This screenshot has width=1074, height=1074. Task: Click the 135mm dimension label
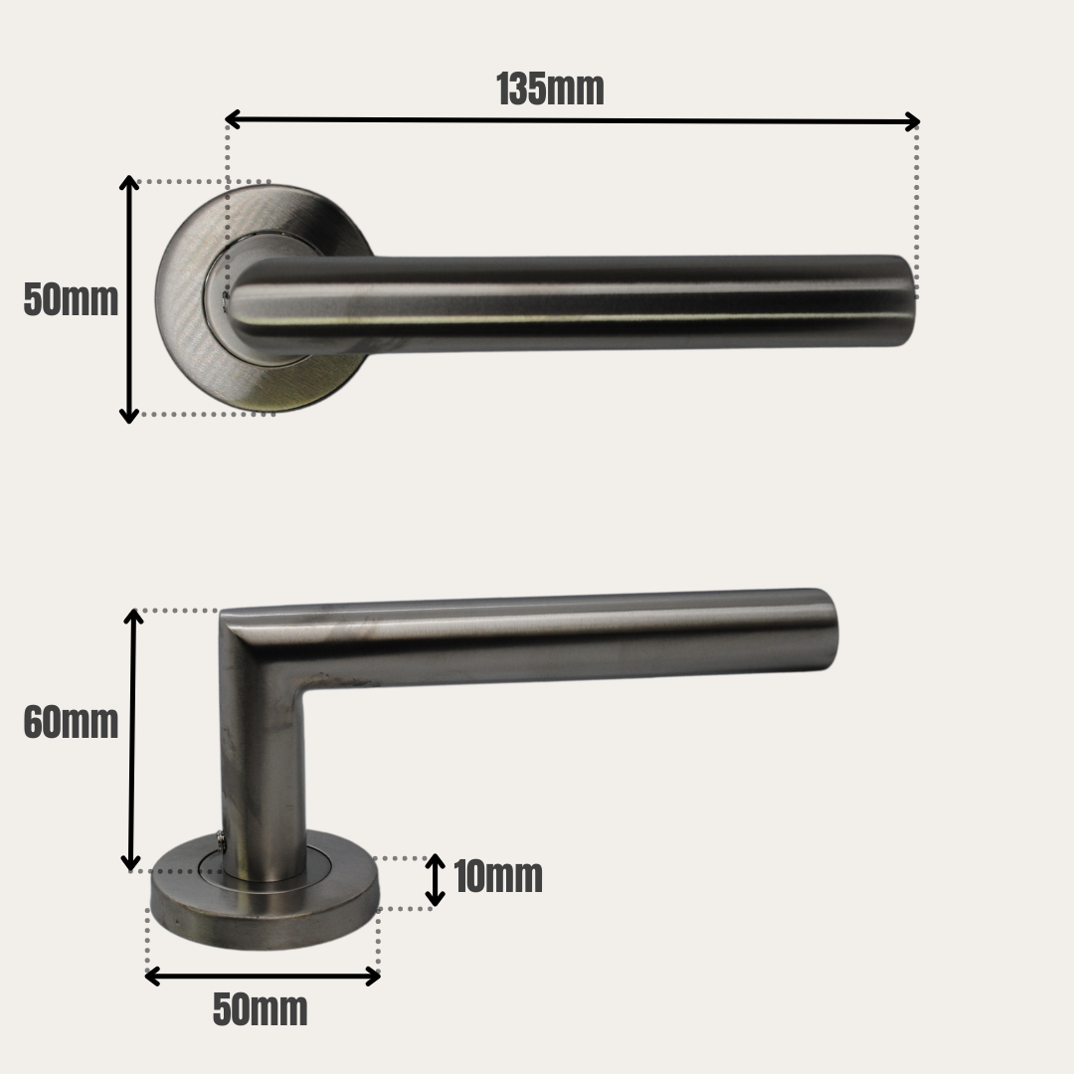click(550, 89)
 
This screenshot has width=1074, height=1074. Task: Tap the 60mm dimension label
click(71, 723)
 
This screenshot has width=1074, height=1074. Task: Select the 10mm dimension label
click(498, 877)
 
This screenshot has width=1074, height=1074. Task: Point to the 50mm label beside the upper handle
click(71, 299)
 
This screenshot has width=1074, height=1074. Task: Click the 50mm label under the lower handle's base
click(261, 1010)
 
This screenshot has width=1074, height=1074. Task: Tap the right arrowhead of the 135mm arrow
click(912, 121)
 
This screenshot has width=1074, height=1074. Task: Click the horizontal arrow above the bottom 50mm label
click(263, 976)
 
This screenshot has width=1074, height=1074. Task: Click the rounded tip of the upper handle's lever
click(903, 300)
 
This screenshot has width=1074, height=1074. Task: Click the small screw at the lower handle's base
click(220, 842)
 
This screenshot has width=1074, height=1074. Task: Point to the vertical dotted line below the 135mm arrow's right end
click(916, 209)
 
